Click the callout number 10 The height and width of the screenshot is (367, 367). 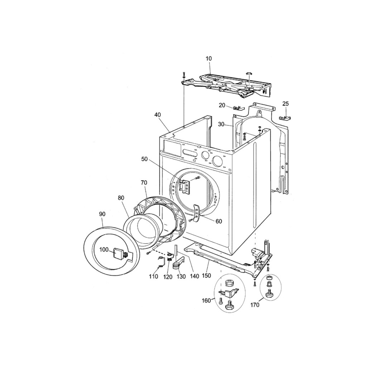[x=209, y=58]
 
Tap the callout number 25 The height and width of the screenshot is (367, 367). [x=286, y=104]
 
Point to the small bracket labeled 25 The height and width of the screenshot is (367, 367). [x=285, y=118]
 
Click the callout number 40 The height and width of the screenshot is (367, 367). [x=158, y=115]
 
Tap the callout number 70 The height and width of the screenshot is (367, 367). [x=144, y=182]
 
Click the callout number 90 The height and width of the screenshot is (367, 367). [x=102, y=214]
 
